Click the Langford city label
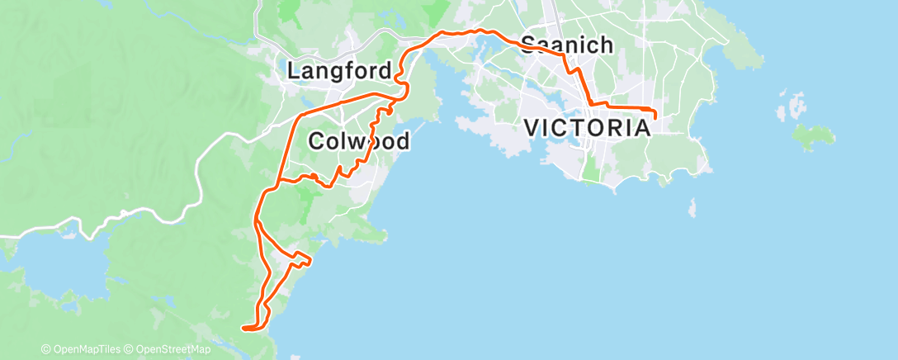tap(339, 71)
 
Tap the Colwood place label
tap(358, 141)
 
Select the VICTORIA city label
tap(587, 128)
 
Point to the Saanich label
tap(566, 45)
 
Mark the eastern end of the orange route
tap(655, 116)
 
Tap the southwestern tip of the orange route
tap(243, 328)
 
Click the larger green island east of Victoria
tap(812, 133)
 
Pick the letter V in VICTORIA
tap(532, 128)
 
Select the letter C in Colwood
tap(315, 141)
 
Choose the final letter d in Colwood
tap(402, 141)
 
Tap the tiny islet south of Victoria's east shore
tap(692, 206)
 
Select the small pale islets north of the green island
tap(794, 107)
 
